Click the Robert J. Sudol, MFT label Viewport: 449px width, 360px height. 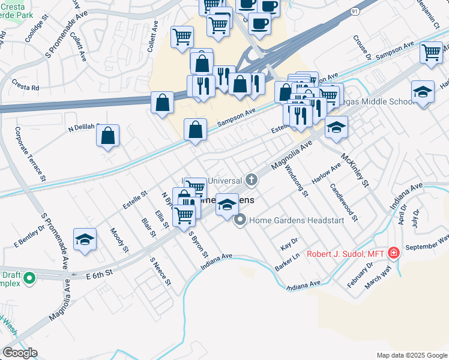[345, 253]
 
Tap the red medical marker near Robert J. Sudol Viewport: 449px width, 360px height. [393, 253]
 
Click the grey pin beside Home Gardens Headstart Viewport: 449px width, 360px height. [241, 220]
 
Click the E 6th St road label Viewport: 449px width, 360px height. [99, 274]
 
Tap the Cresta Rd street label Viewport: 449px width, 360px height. [25, 88]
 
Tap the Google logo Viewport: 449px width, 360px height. [20, 353]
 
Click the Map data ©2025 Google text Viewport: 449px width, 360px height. [411, 355]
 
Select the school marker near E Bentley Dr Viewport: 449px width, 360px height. [85, 239]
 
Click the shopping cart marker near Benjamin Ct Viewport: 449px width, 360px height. [431, 52]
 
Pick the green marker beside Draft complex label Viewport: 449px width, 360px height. [28, 279]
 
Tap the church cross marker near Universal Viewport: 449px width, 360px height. [252, 179]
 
